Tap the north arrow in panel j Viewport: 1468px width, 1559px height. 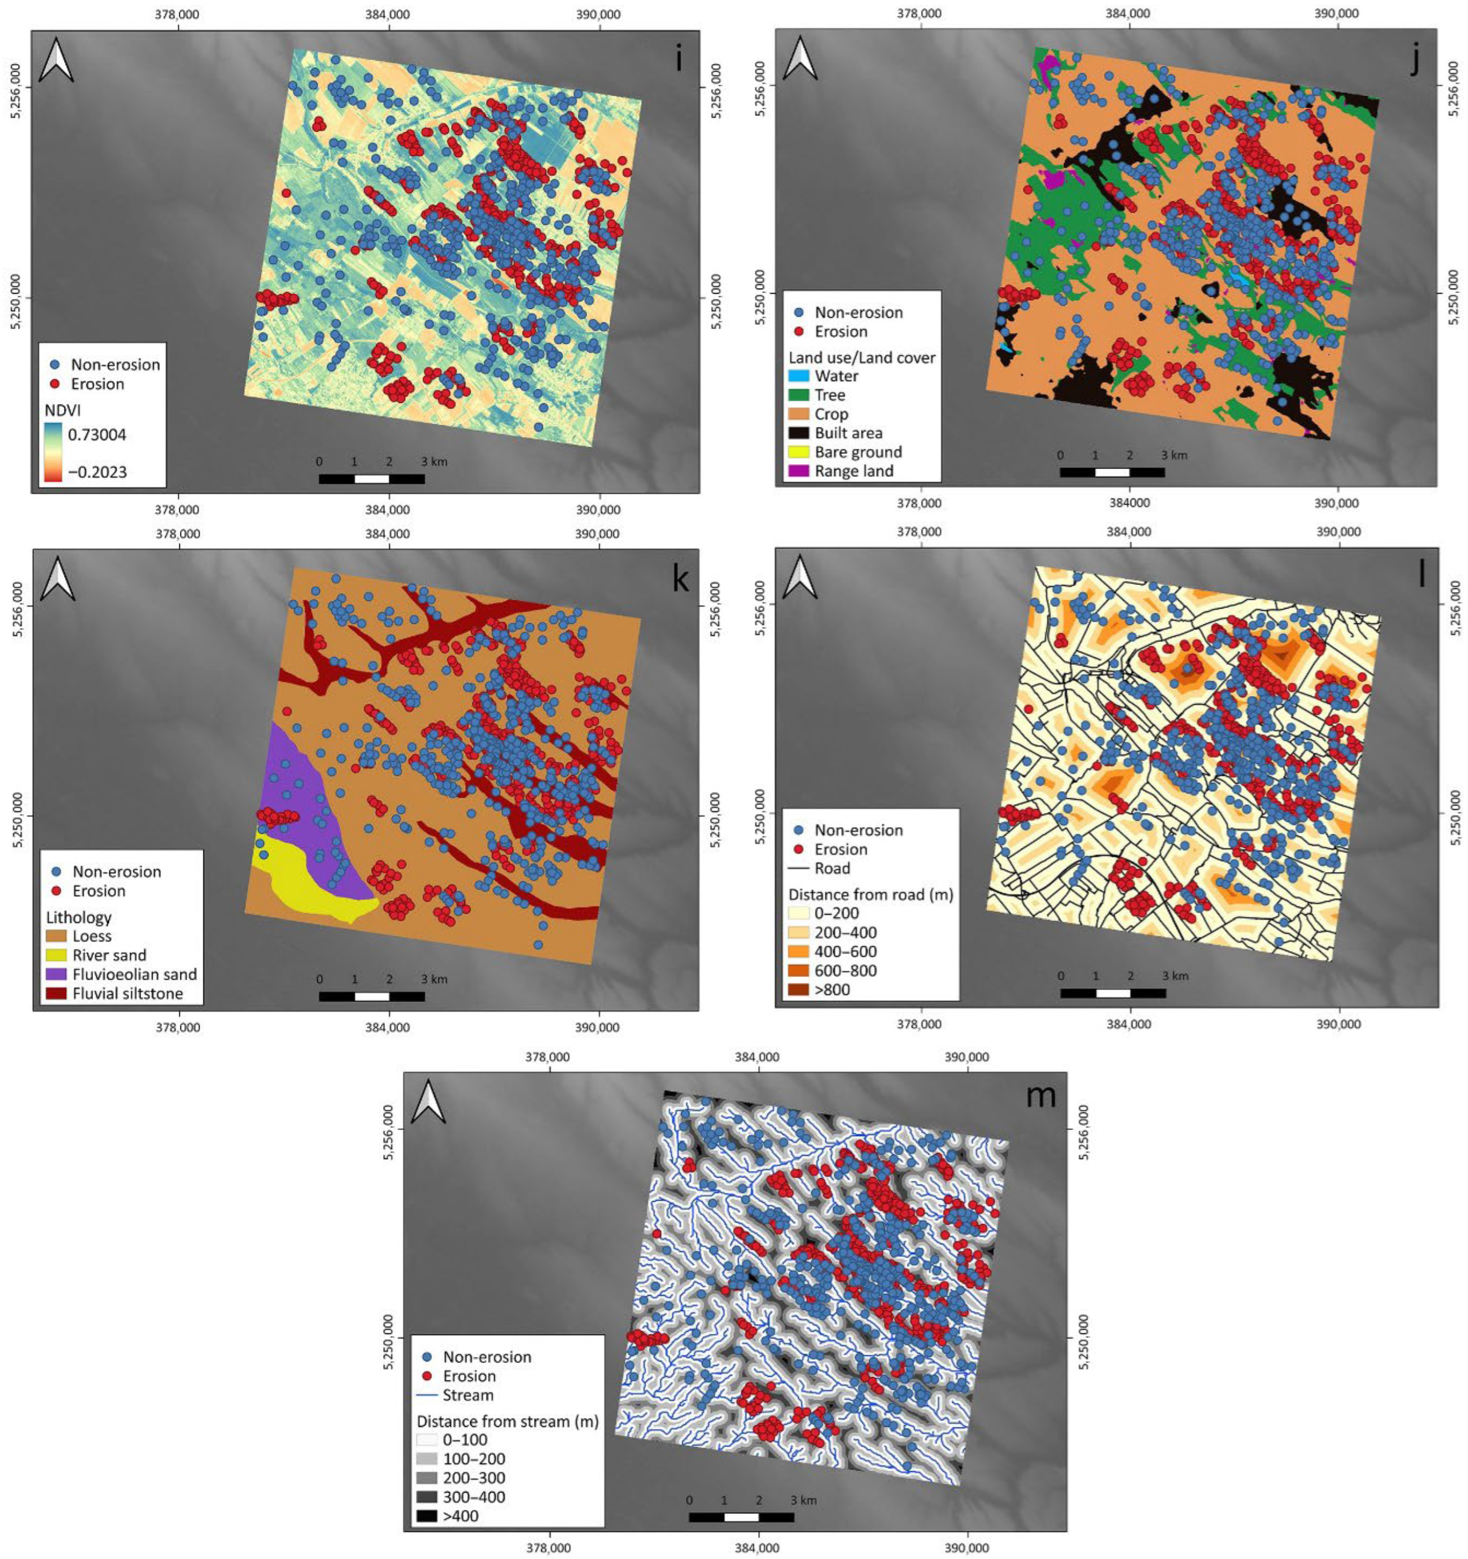(x=800, y=59)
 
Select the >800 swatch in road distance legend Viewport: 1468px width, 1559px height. (x=799, y=990)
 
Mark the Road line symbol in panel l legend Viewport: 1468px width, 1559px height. (x=799, y=868)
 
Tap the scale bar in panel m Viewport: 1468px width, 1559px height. (x=741, y=1517)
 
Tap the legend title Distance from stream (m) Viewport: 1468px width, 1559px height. (x=507, y=1421)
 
